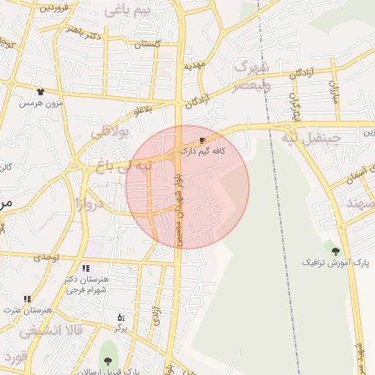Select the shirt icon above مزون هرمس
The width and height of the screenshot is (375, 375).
click(x=40, y=92)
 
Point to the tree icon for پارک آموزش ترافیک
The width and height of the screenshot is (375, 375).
click(x=336, y=251)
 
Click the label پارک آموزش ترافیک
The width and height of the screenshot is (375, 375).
click(x=336, y=261)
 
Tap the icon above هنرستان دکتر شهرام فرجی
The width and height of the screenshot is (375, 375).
click(x=86, y=268)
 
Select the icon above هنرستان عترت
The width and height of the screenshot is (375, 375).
click(x=27, y=299)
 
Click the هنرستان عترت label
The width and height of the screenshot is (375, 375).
click(x=27, y=310)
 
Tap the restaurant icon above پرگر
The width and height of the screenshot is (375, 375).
click(x=121, y=317)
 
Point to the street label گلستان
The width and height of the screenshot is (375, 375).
click(x=147, y=44)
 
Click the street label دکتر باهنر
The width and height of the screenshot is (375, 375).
click(x=82, y=31)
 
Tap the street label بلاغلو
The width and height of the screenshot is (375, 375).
click(x=144, y=110)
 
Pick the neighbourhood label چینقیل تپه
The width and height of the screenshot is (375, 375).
click(x=312, y=138)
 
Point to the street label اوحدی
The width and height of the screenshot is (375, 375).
click(x=46, y=257)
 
